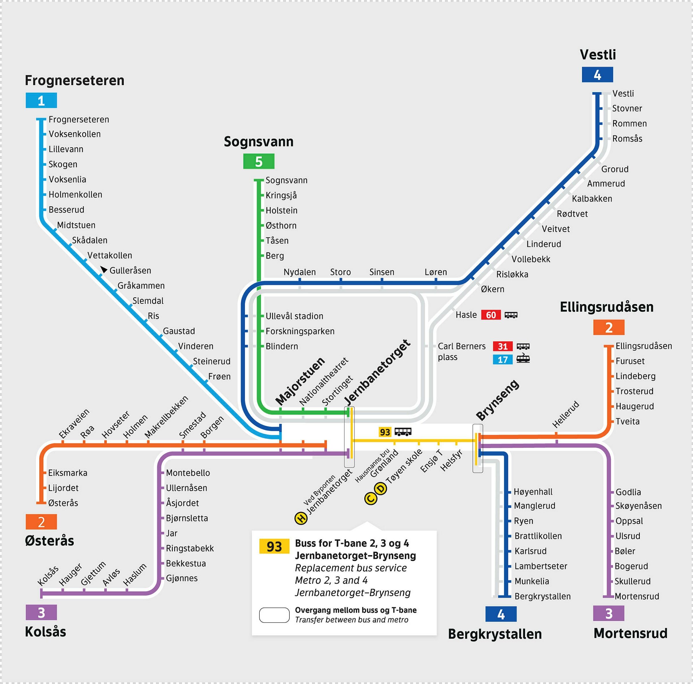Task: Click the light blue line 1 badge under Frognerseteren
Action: point(41,101)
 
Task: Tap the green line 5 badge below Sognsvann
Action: point(259,161)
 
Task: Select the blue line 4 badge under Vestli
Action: point(597,75)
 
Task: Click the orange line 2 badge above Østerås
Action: point(41,522)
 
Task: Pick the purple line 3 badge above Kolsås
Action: point(41,613)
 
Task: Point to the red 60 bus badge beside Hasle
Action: point(491,315)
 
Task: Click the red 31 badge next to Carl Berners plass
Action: point(502,346)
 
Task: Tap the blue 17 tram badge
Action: point(502,360)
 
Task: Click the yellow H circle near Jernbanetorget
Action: point(301,518)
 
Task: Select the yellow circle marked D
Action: point(381,488)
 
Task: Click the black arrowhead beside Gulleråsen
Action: point(103,269)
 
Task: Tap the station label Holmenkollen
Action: point(75,194)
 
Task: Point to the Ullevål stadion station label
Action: point(294,316)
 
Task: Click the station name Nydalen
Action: point(299,272)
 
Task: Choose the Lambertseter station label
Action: point(541,566)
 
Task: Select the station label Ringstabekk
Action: point(189,548)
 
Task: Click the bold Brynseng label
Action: point(497,400)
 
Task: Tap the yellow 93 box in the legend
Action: point(274,547)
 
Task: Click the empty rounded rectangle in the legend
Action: point(274,615)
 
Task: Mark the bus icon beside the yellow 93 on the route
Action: point(403,432)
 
